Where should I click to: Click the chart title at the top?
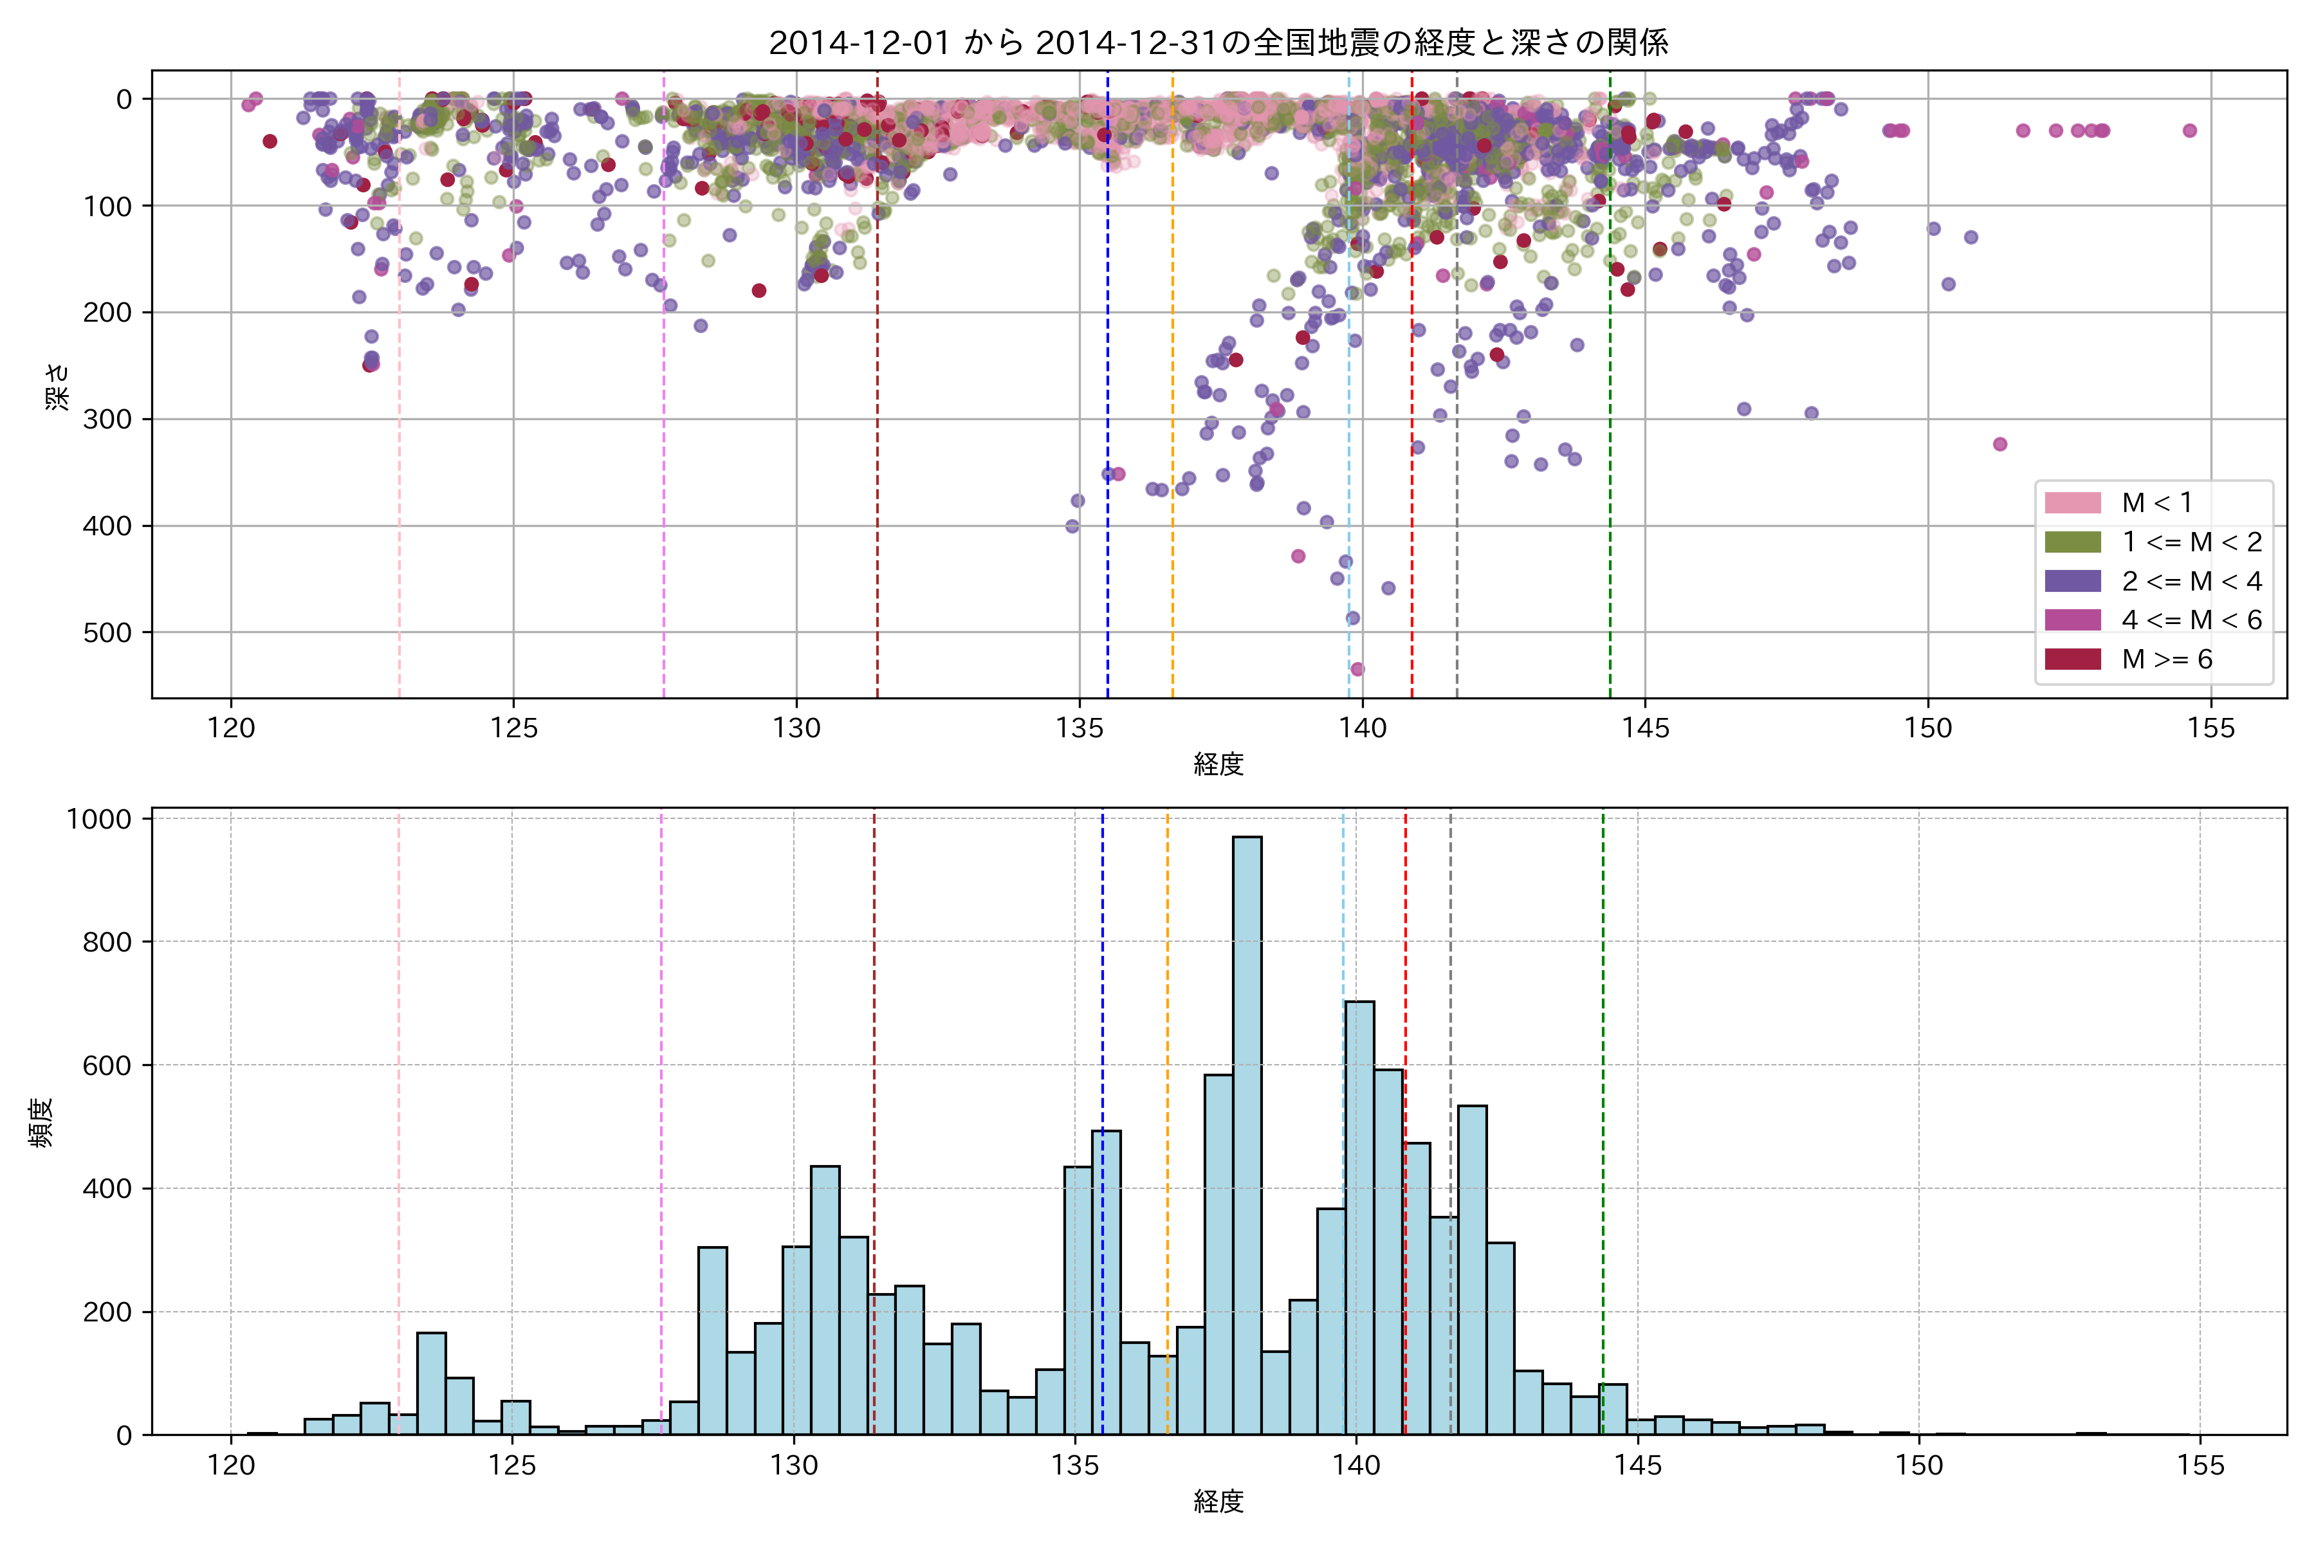(x=1218, y=42)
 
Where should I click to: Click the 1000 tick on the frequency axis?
(x=98, y=819)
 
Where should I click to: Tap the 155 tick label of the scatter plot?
(x=2210, y=729)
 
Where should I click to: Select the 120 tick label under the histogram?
(x=230, y=1466)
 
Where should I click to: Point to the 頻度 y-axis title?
(x=41, y=1123)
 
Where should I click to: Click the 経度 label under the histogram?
(x=1218, y=1502)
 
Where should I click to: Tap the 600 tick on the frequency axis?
(x=107, y=1065)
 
